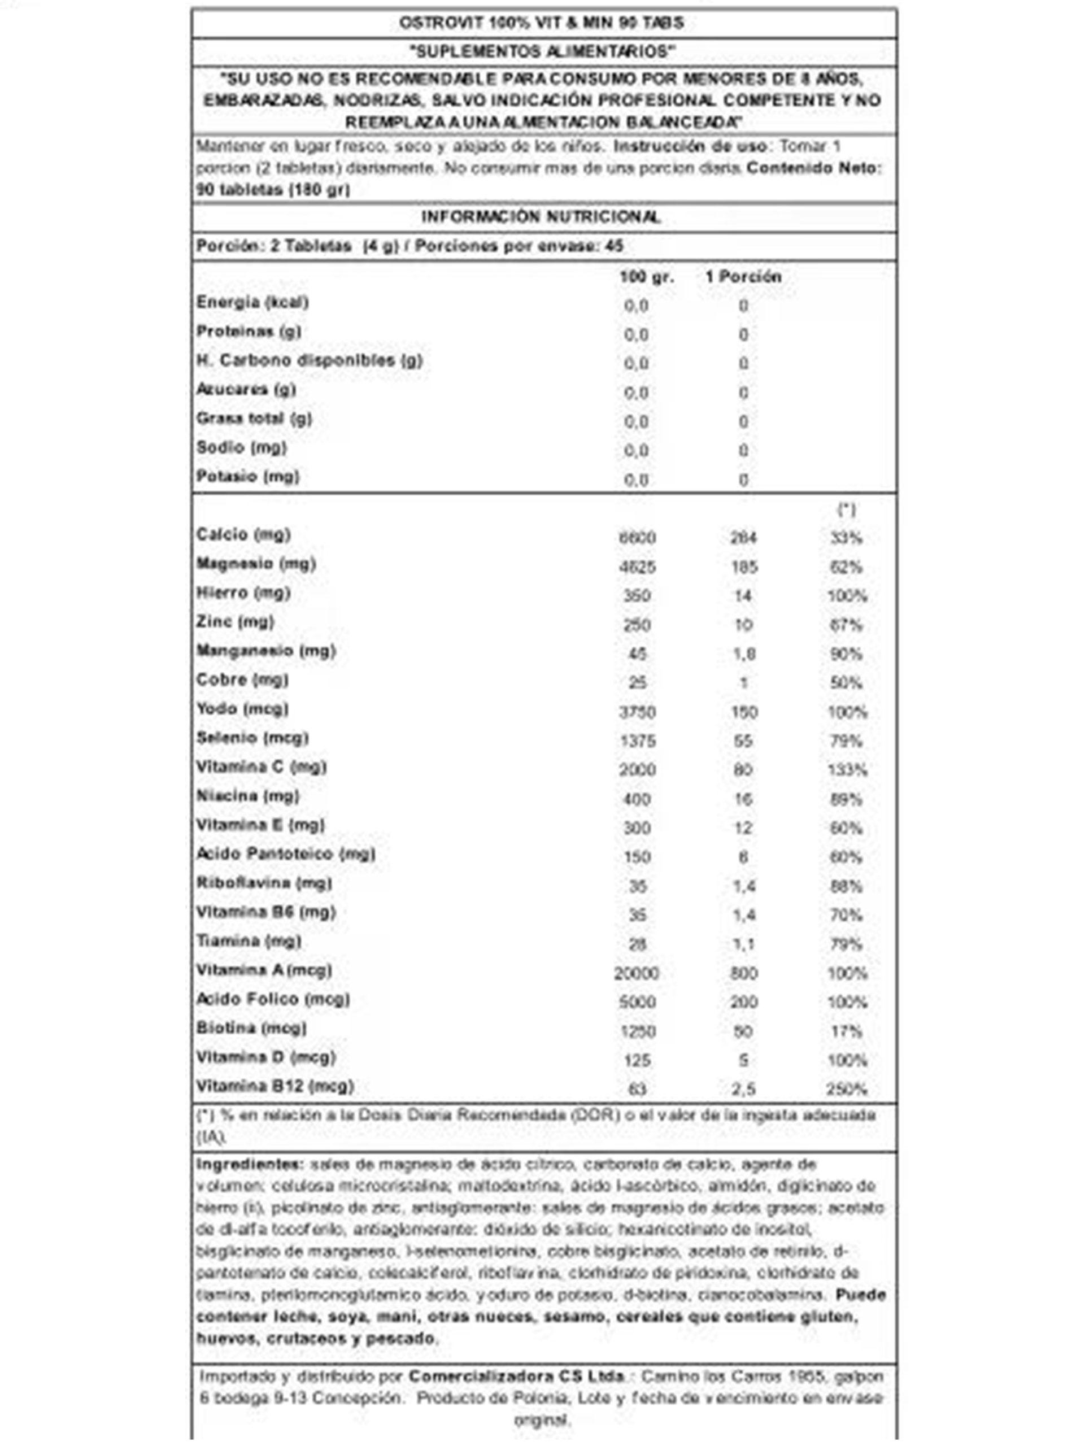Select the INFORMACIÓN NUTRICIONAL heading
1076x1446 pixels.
(x=541, y=217)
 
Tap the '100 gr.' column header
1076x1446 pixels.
(x=646, y=277)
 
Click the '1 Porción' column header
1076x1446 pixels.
(x=743, y=277)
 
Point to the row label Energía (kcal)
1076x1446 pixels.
(x=252, y=303)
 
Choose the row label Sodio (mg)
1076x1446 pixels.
(x=242, y=448)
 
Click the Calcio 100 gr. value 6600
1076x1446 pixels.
(x=637, y=538)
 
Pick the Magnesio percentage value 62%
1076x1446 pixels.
(x=846, y=567)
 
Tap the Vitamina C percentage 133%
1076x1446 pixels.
(x=847, y=770)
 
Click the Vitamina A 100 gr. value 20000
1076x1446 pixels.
(x=637, y=974)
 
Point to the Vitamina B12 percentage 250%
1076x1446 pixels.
(x=847, y=1090)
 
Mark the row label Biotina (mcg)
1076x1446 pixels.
(x=251, y=1029)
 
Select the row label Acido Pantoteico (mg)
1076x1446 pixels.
(x=286, y=854)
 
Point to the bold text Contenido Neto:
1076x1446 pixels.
(x=814, y=169)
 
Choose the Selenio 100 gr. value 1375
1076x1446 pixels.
(x=637, y=741)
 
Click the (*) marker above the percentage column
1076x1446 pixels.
(x=846, y=511)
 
